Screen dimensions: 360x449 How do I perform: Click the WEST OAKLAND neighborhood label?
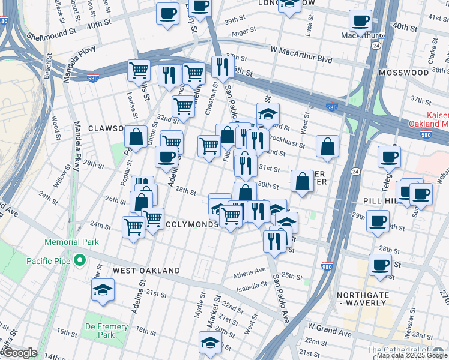tap(146, 271)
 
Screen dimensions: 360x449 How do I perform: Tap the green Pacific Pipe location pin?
tap(78, 260)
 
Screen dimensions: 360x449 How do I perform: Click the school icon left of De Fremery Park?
tap(103, 290)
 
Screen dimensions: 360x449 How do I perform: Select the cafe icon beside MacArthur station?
tap(360, 22)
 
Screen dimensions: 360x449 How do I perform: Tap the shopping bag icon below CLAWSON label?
tap(136, 137)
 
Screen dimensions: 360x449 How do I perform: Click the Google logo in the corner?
tap(20, 353)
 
